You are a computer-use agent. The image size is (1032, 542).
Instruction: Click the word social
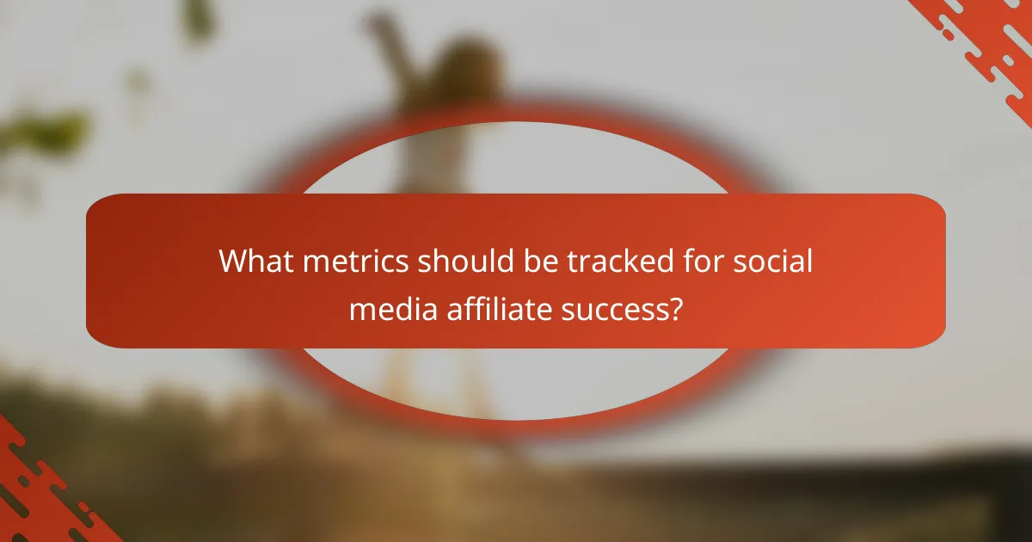click(x=772, y=261)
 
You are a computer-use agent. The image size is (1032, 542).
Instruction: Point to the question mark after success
click(x=677, y=308)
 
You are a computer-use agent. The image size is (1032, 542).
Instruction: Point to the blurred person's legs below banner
click(x=430, y=379)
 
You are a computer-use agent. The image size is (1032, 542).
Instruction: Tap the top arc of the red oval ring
click(x=516, y=116)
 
